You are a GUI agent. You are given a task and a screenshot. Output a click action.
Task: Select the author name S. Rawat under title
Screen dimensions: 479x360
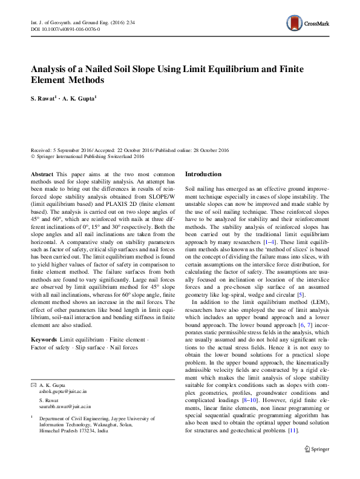pyautogui.click(x=44, y=99)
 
